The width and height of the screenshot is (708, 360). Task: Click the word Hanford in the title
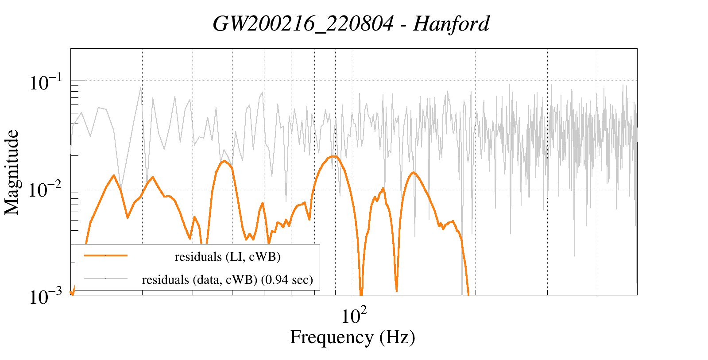(451, 24)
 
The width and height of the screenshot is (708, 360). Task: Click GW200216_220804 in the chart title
(303, 24)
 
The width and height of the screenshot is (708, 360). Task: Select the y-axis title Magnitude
(12, 172)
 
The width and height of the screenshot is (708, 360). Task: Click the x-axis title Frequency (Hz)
(352, 337)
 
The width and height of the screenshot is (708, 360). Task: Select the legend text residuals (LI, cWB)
(228, 257)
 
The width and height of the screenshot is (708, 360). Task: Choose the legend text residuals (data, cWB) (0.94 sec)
(227, 280)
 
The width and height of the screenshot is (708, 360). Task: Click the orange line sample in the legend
(106, 255)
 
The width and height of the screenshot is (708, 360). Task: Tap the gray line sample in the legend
(106, 279)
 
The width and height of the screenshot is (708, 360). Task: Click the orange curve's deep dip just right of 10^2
(361, 292)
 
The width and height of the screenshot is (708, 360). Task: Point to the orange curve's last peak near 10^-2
(413, 172)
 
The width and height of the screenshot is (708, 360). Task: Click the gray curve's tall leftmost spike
(141, 87)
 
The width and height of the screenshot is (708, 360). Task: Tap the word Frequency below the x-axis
(331, 337)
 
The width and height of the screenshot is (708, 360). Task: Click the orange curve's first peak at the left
(114, 175)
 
